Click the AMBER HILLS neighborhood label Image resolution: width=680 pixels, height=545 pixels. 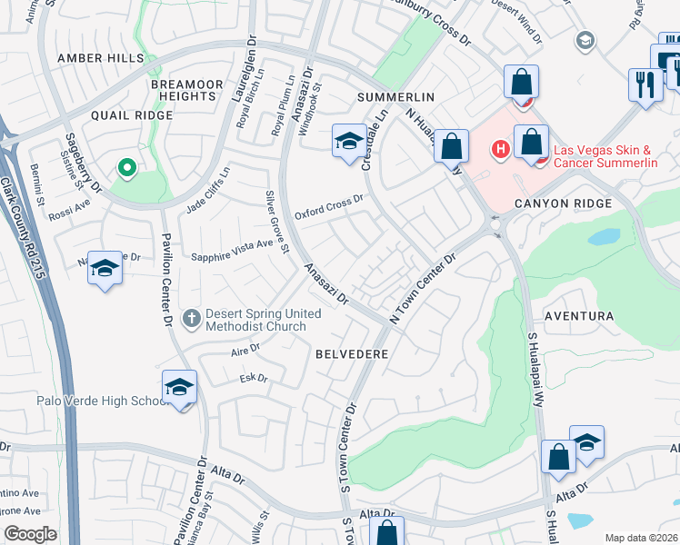(x=100, y=58)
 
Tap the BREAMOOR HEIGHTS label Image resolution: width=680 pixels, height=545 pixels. (x=186, y=90)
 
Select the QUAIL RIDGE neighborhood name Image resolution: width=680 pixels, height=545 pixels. (x=131, y=115)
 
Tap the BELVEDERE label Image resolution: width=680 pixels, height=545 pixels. (x=353, y=353)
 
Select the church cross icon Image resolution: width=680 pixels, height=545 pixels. (x=191, y=319)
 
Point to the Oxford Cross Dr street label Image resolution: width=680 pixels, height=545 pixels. (x=329, y=208)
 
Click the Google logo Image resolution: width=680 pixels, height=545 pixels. (x=31, y=533)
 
